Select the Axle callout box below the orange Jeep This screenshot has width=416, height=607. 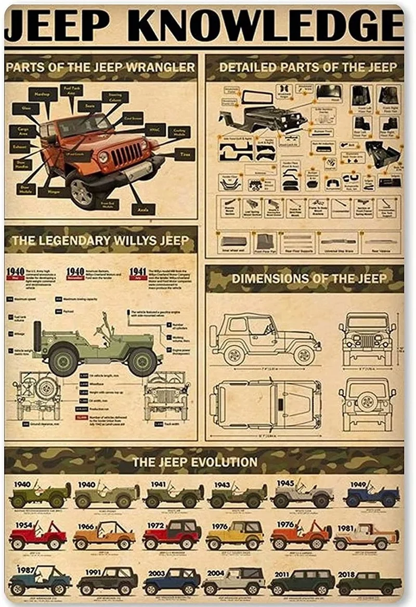(144, 209)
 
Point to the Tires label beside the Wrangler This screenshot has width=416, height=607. (184, 154)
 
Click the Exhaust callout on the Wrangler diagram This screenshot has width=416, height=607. (19, 147)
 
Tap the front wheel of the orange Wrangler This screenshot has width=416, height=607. (81, 192)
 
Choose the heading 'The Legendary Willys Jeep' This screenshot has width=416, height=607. (100, 240)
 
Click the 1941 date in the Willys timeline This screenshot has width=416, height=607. (137, 272)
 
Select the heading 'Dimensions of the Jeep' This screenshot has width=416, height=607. (309, 278)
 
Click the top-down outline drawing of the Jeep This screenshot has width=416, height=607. (265, 404)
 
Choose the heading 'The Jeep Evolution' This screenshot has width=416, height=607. (194, 461)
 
